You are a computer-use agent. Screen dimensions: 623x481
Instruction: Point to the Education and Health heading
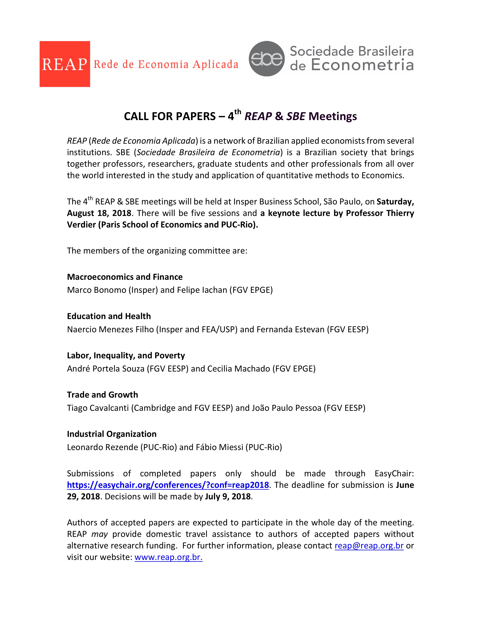tap(109, 316)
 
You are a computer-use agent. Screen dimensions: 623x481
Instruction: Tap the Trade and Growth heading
tap(102, 395)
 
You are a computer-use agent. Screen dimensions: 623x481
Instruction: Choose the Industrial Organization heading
tap(112, 434)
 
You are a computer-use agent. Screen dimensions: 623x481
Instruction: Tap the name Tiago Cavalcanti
tap(98, 408)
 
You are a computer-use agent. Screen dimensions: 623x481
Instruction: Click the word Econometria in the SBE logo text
tap(362, 65)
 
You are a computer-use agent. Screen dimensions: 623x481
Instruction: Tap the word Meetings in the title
tap(333, 116)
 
